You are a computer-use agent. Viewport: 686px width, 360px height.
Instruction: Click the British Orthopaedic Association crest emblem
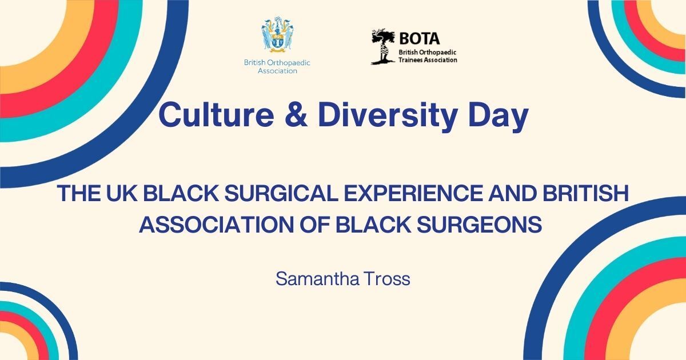coord(277,35)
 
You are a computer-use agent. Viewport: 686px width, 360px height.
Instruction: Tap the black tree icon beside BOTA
coord(383,46)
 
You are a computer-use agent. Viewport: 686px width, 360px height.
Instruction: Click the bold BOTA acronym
coord(420,39)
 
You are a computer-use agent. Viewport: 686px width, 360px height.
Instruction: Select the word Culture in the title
coord(217,115)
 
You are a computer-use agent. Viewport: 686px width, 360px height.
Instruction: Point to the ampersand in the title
coord(296,115)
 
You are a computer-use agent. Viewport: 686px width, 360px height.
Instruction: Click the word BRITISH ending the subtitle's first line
coord(586,193)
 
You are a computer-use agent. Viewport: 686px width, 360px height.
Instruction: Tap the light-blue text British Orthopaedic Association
coord(277,67)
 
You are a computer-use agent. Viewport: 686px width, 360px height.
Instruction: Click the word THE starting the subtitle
coord(79,193)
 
